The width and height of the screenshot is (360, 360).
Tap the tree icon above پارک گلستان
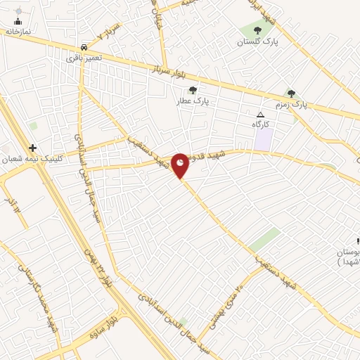(x=257, y=30)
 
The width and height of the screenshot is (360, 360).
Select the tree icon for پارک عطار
(x=193, y=90)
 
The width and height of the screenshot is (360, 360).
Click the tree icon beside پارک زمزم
(x=291, y=94)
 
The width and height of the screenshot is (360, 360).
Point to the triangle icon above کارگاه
(x=261, y=114)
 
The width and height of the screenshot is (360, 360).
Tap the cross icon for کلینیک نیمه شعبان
(x=32, y=148)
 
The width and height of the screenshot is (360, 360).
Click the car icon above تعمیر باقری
(x=84, y=46)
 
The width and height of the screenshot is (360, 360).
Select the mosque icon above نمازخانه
(x=18, y=21)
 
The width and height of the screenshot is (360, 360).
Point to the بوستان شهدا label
(x=348, y=256)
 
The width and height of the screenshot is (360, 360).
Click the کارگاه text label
(x=261, y=124)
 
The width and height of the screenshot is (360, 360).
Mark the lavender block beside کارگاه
(x=263, y=139)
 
